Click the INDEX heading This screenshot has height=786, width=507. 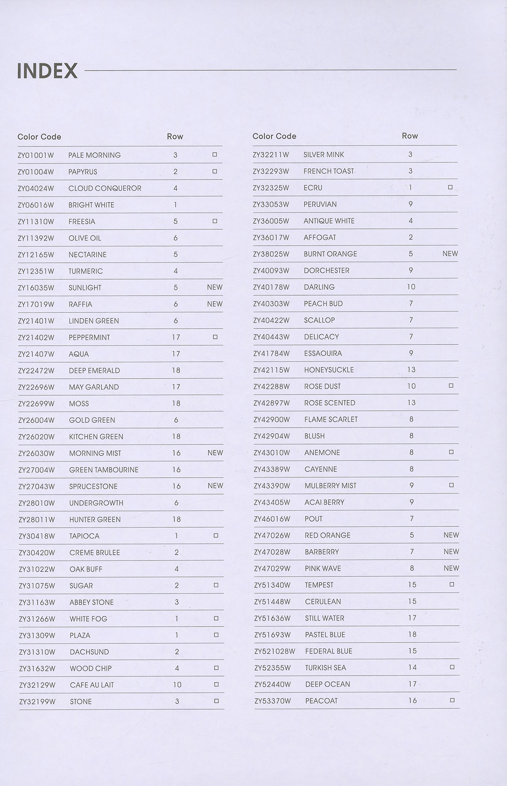point(47,71)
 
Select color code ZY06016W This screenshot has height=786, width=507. point(36,205)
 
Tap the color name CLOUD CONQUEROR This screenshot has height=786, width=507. point(105,188)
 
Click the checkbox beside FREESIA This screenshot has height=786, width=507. point(215,221)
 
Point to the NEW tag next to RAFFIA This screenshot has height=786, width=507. point(215,304)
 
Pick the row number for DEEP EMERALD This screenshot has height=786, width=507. point(176,371)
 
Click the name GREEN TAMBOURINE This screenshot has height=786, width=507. point(104,470)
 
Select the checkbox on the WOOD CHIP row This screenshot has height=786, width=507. point(216,668)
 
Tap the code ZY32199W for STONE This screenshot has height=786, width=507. point(37,702)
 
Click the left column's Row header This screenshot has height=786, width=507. point(175,136)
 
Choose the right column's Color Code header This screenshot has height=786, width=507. point(274,136)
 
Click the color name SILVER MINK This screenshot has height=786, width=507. point(324,155)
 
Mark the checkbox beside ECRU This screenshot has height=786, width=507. point(450,187)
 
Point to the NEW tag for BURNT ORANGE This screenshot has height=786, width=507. point(450,254)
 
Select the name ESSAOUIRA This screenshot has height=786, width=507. point(323,353)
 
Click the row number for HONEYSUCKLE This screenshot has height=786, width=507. point(411,370)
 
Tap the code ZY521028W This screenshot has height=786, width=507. point(275,651)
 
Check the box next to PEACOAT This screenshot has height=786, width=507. point(452,701)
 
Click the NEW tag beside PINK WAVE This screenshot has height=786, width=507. point(451,568)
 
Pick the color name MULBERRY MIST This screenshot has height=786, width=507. point(330,486)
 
